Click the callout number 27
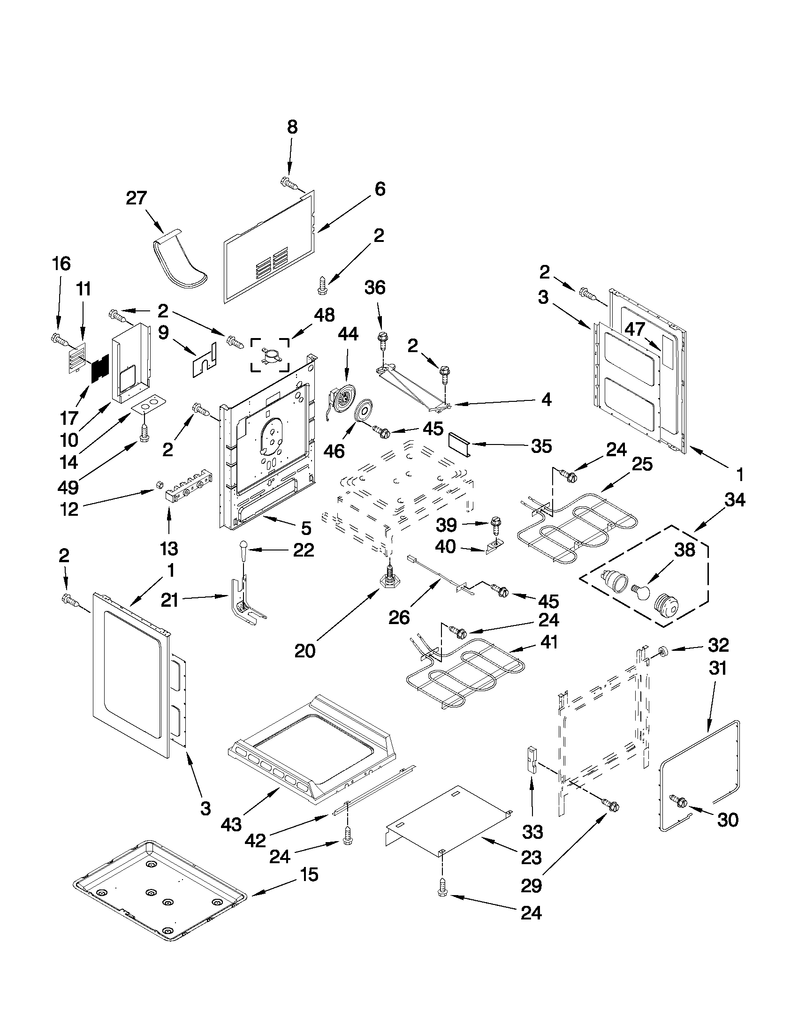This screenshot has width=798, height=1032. (136, 198)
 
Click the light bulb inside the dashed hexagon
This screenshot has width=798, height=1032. (639, 590)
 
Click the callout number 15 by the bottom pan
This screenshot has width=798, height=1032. (309, 874)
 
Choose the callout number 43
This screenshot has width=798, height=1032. (231, 825)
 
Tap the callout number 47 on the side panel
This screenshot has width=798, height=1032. (634, 329)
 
